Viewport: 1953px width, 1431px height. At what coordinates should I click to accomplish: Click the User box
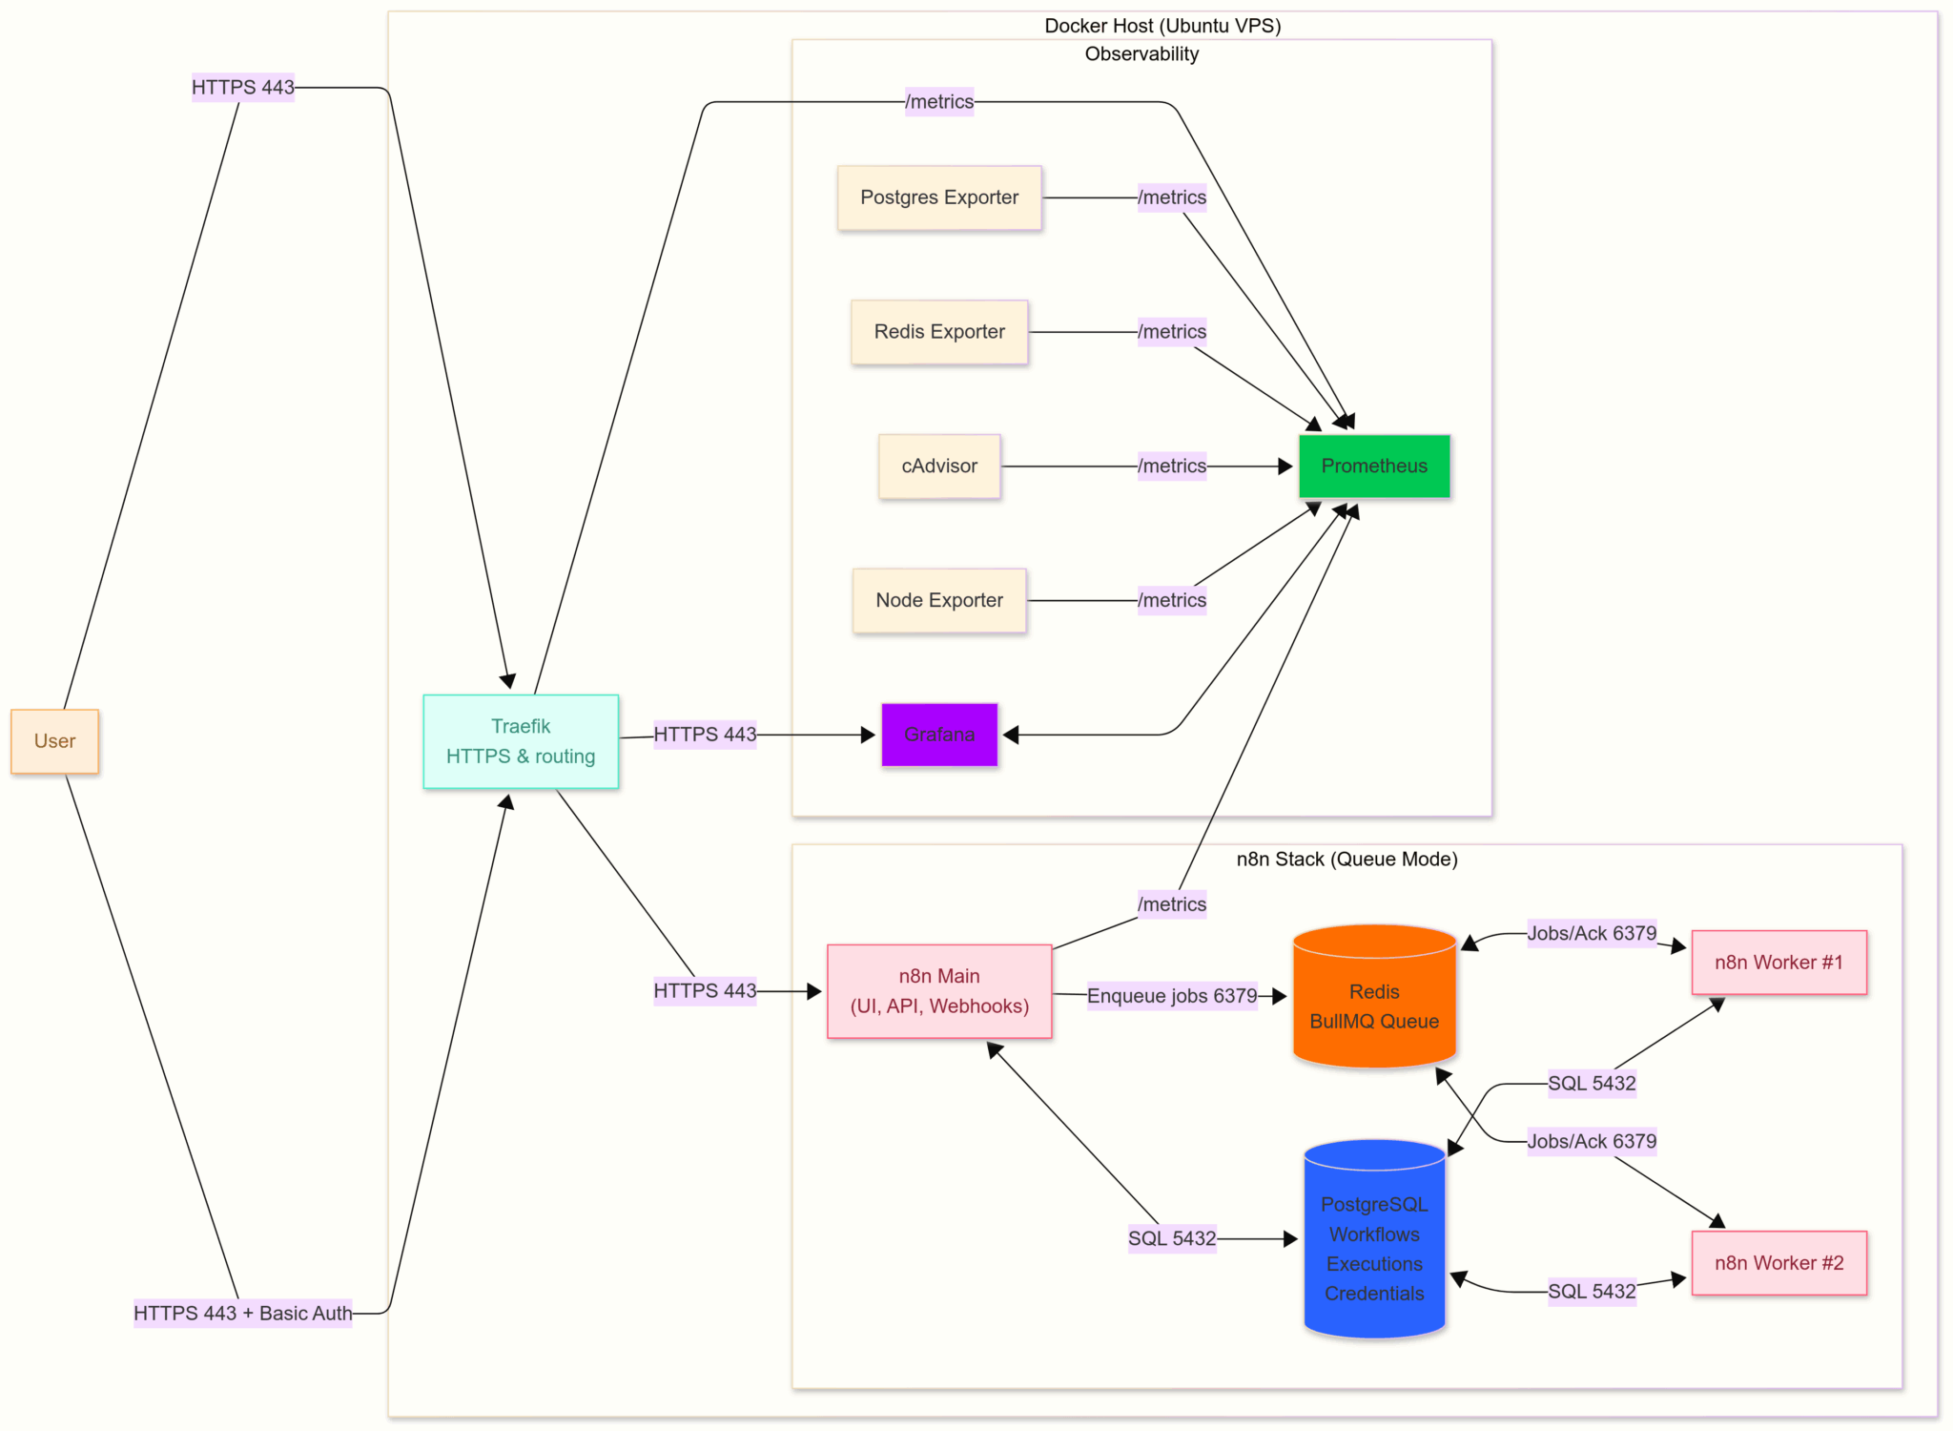[54, 741]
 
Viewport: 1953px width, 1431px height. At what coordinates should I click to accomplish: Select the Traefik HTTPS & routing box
[521, 741]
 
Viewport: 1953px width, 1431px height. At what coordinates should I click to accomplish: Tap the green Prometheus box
[1374, 467]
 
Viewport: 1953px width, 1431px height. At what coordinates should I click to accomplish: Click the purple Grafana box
[939, 735]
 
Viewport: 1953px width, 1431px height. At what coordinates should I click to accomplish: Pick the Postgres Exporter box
[939, 197]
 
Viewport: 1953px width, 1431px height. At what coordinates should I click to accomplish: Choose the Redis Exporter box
[939, 332]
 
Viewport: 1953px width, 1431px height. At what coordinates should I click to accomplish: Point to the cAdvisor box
[939, 467]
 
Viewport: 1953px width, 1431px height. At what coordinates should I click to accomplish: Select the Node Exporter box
[939, 600]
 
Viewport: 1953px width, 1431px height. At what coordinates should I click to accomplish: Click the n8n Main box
[939, 991]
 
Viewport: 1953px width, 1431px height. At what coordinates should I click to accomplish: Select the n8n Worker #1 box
[1778, 963]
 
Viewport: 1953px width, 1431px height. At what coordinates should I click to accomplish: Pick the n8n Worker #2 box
[1778, 1263]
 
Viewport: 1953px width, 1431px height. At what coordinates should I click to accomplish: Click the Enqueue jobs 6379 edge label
[1172, 996]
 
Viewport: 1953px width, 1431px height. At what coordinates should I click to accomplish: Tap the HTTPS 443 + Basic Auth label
[243, 1313]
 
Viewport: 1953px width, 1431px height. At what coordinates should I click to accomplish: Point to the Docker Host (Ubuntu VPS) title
[1162, 26]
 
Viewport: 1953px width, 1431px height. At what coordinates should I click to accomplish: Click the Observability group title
[1141, 54]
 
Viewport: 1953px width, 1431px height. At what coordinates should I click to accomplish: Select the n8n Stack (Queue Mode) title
[1347, 859]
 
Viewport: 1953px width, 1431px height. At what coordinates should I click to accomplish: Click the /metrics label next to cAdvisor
[1172, 467]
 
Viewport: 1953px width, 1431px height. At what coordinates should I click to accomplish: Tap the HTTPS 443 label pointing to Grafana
[705, 735]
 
